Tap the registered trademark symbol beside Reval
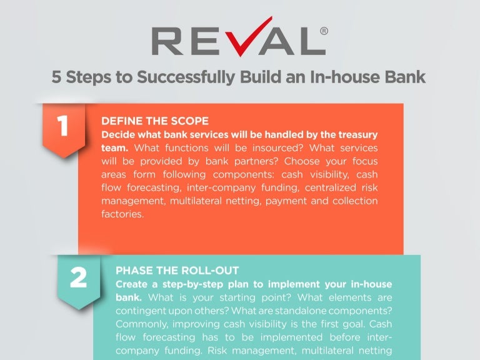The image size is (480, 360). pos(323,30)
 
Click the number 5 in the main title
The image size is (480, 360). pos(57,78)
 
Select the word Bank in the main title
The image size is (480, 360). pos(404,78)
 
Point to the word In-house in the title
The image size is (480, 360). pos(339,78)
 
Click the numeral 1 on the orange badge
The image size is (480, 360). pos(62,126)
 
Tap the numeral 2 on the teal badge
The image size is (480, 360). pos(78,278)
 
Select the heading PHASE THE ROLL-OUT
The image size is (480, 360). pos(177,271)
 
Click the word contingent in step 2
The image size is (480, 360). pos(139,311)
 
